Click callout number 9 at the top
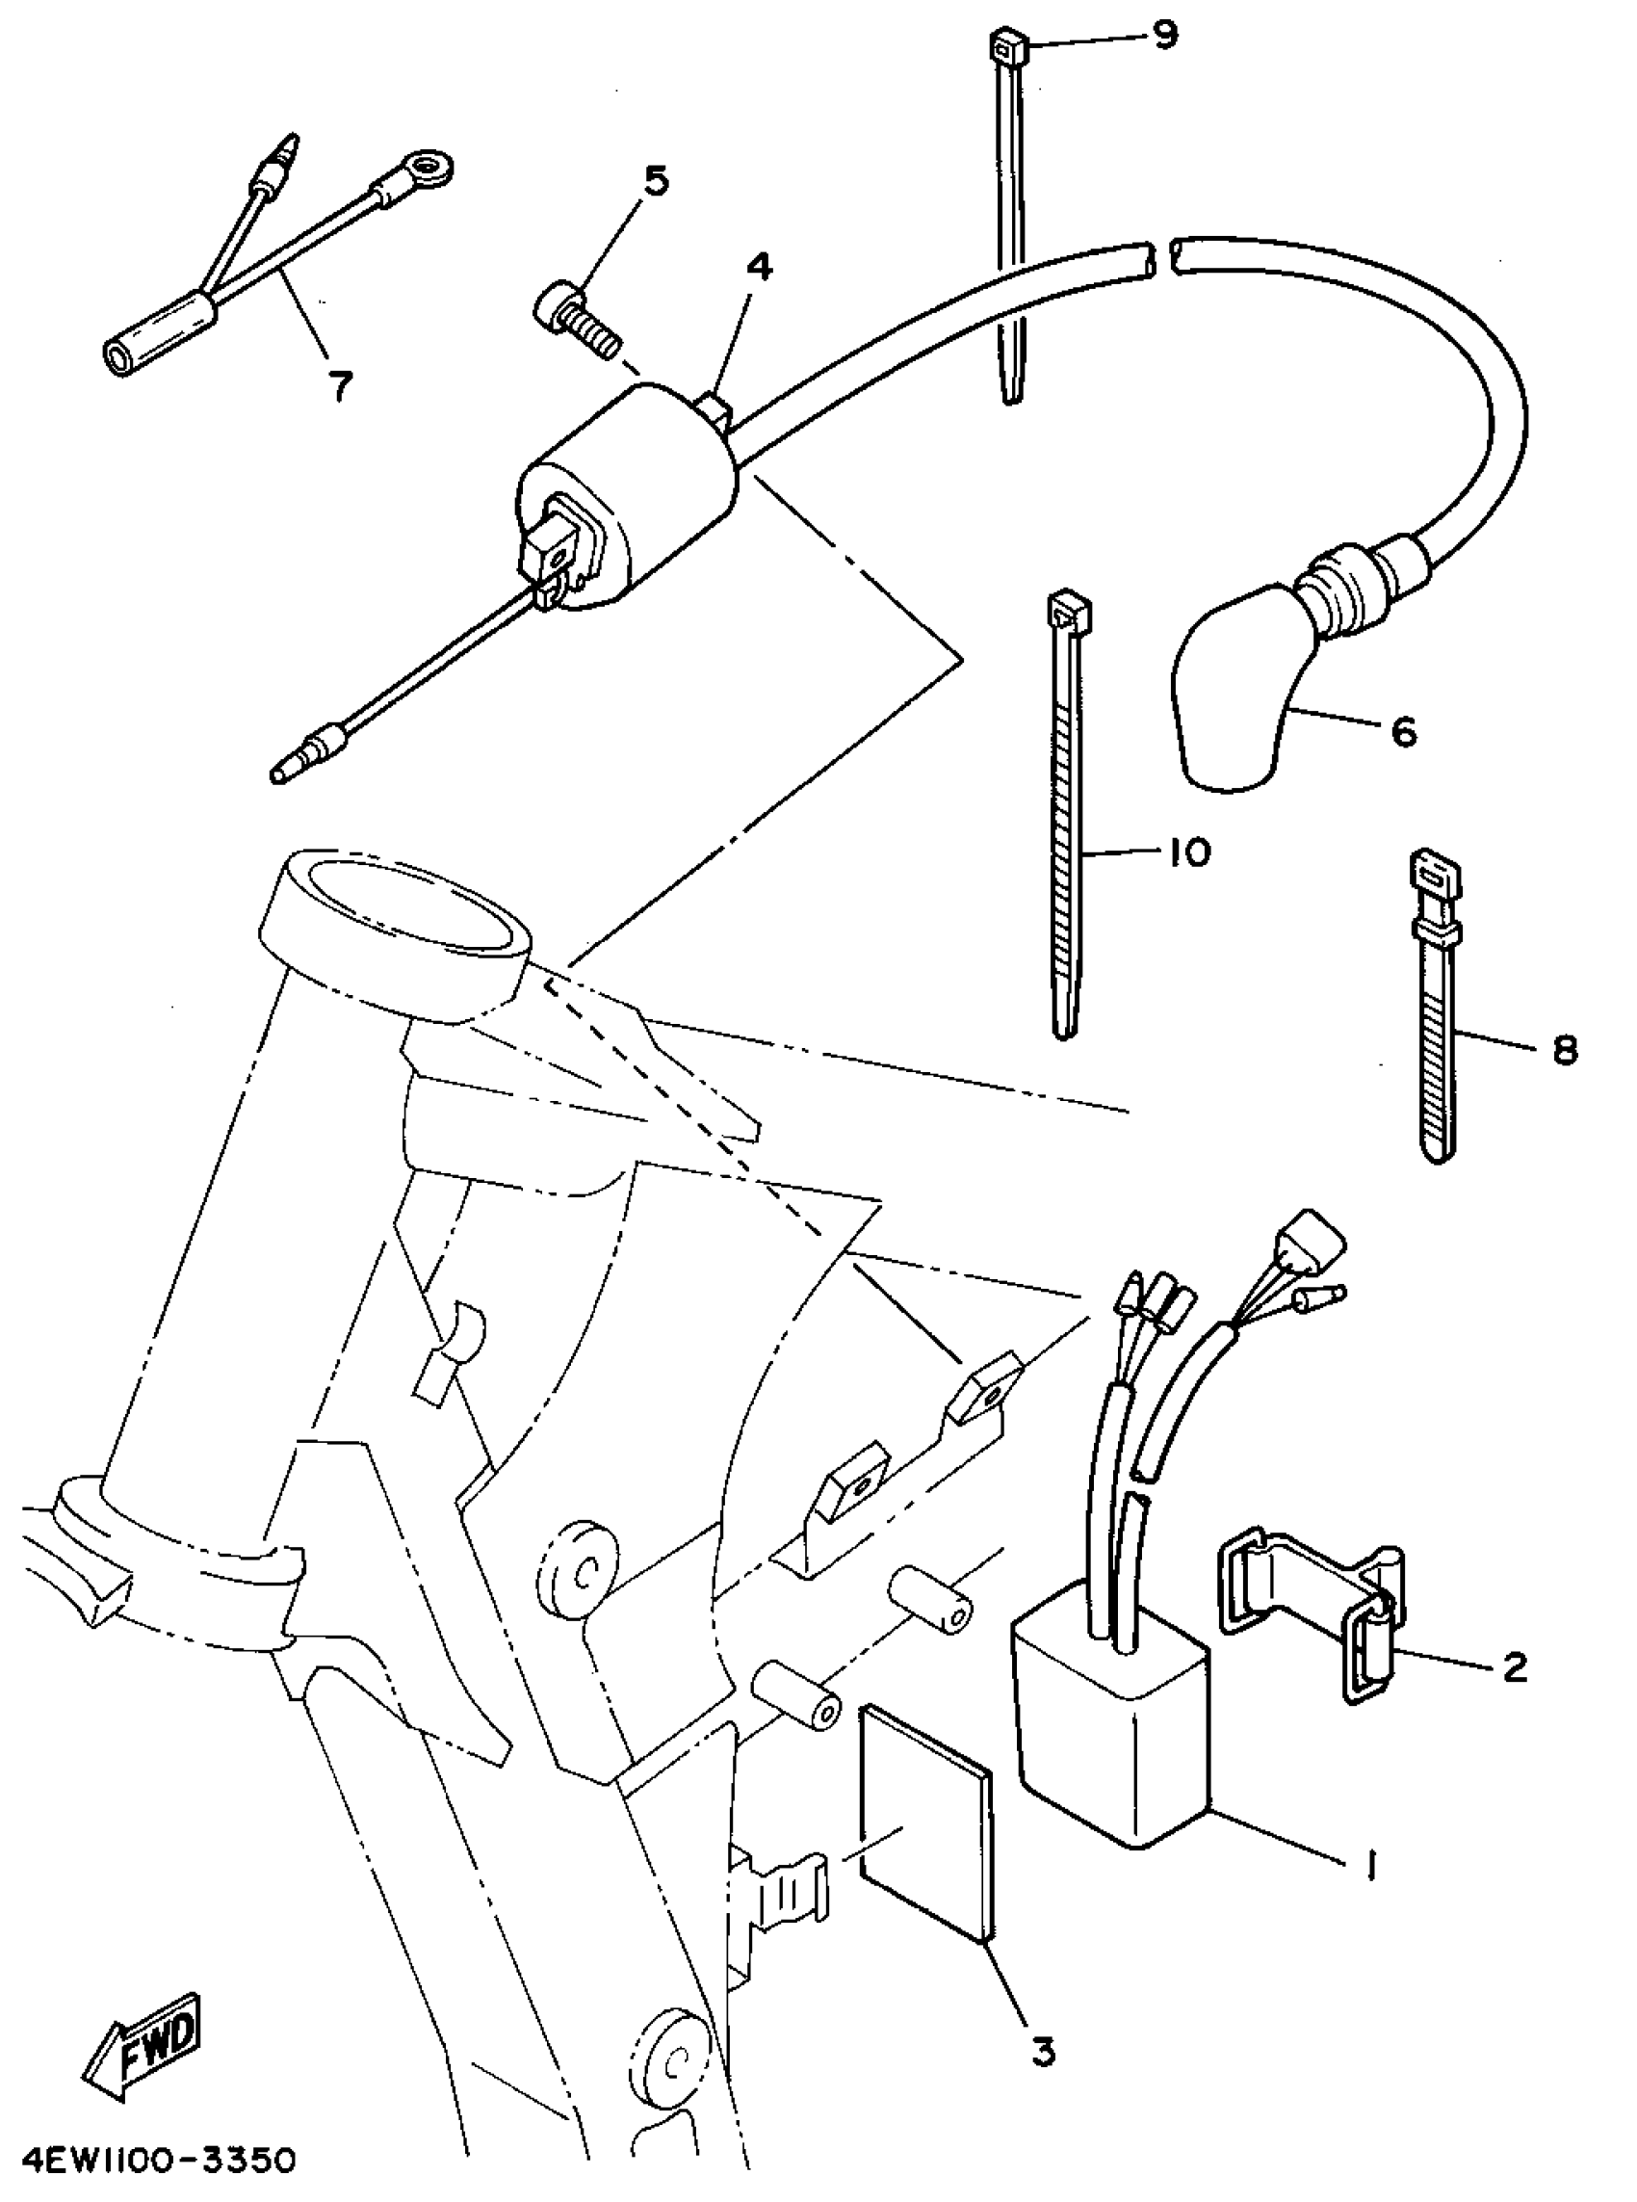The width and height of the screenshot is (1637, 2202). point(1164,36)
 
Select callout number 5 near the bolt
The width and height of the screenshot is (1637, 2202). point(655,181)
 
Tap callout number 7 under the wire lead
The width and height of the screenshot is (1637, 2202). point(340,386)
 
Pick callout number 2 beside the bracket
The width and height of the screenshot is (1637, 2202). point(1514,1666)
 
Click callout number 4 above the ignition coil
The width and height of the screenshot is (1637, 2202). point(759,267)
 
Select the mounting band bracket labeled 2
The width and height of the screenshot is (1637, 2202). point(1318,1595)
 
